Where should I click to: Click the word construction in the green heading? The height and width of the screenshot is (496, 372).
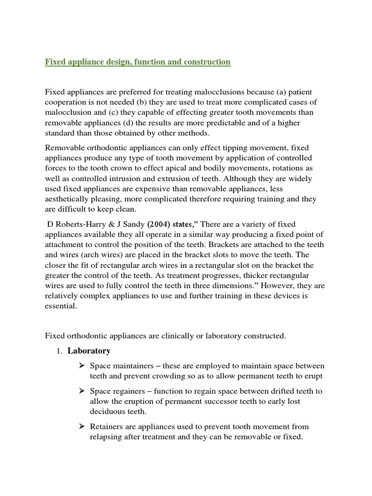pos(203,62)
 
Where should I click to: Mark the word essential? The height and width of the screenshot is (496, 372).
pos(61,306)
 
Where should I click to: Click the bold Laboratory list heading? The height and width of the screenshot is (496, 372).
pos(89,351)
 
